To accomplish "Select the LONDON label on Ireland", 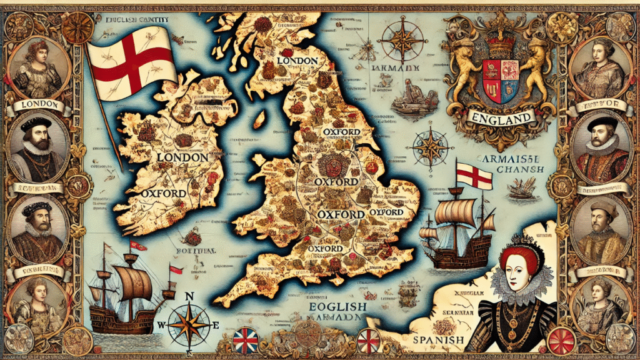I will pyautogui.click(x=182, y=158).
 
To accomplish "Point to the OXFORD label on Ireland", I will pyautogui.click(x=162, y=193).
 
